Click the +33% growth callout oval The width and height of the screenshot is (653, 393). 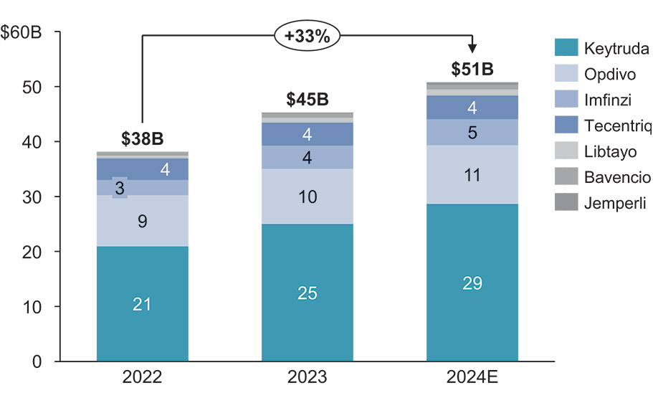pyautogui.click(x=307, y=36)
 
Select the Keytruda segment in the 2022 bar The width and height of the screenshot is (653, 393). pyautogui.click(x=142, y=303)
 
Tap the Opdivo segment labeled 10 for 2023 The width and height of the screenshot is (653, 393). pyautogui.click(x=307, y=196)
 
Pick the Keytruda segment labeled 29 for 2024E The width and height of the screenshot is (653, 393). pyautogui.click(x=472, y=283)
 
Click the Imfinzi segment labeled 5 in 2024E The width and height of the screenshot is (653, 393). pyautogui.click(x=472, y=132)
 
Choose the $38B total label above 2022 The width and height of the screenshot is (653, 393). pyautogui.click(x=142, y=138)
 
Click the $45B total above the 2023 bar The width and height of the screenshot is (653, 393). pyautogui.click(x=307, y=100)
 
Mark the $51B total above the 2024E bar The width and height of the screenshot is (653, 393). pyautogui.click(x=472, y=70)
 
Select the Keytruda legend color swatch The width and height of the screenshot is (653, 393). pyautogui.click(x=566, y=49)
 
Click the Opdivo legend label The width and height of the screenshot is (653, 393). pyautogui.click(x=609, y=75)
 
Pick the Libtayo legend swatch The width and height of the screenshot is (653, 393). pyautogui.click(x=566, y=152)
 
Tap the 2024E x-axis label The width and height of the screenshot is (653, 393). pyautogui.click(x=472, y=378)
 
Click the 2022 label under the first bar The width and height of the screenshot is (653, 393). pyautogui.click(x=142, y=378)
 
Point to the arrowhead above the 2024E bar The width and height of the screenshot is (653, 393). pyautogui.click(x=472, y=48)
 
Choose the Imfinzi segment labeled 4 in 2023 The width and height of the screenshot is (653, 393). pyautogui.click(x=307, y=157)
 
